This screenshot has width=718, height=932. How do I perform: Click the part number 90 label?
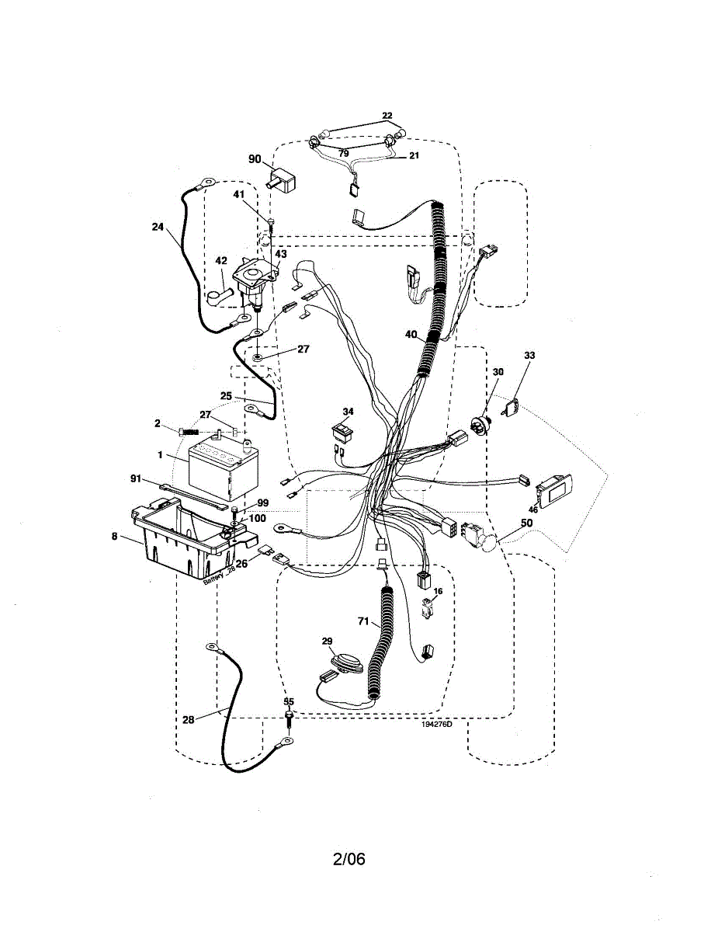[x=255, y=158]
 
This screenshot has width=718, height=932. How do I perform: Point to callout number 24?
[x=158, y=228]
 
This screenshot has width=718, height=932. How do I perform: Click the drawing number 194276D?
[x=437, y=724]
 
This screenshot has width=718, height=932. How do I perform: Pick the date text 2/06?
[x=349, y=859]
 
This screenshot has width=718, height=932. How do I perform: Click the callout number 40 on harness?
[x=411, y=335]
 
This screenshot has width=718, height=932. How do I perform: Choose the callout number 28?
[x=189, y=719]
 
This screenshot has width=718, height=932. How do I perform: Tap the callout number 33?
[x=529, y=355]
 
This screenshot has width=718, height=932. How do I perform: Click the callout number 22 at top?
[x=387, y=116]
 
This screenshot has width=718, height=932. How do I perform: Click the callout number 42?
[x=220, y=261]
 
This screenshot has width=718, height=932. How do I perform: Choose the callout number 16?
[x=438, y=591]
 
